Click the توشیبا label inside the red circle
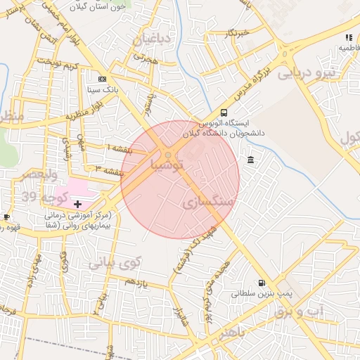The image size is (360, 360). tap(166, 165)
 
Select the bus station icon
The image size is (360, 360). tap(224, 112)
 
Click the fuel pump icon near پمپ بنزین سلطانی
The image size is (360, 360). tap(262, 283)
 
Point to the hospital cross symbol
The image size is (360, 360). tap(77, 204)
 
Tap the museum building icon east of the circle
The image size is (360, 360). tap(251, 161)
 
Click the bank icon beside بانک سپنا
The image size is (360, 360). tap(103, 79)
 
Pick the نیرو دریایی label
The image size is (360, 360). tap(307, 72)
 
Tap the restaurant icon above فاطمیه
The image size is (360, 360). tap(348, 37)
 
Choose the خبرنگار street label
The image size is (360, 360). tap(235, 32)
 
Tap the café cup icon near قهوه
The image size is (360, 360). tap(6, 217)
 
